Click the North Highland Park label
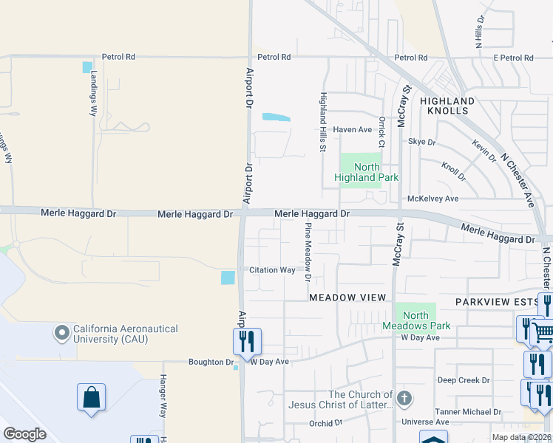tap(366, 172)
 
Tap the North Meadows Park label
tap(415, 320)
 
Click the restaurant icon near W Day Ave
tap(246, 341)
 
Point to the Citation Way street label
tap(272, 270)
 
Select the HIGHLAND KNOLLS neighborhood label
tap(447, 106)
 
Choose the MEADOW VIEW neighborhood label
tap(347, 297)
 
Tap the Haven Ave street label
tap(352, 129)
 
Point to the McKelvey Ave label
tap(433, 199)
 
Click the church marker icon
tap(404, 399)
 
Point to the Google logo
tap(24, 434)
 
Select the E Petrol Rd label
tap(513, 58)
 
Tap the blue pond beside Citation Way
tap(228, 278)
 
